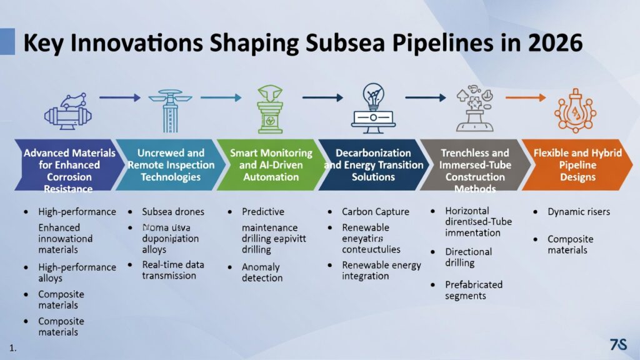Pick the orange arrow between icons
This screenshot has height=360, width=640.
click(524, 97)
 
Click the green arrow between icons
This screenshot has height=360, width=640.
click(221, 97)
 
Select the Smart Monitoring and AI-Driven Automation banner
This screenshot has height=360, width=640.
click(271, 164)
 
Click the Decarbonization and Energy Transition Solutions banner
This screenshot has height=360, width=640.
click(373, 164)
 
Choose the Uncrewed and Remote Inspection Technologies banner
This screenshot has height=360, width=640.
click(170, 164)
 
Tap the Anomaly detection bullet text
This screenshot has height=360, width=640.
click(261, 272)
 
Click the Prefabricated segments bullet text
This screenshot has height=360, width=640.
click(473, 290)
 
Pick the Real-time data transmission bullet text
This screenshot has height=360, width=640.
click(169, 270)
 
